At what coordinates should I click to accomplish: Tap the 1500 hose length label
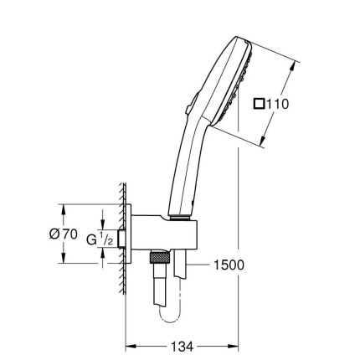click(x=229, y=265)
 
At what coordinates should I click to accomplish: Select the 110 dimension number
click(x=277, y=104)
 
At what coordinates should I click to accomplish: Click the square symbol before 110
click(x=259, y=104)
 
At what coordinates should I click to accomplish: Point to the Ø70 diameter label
click(x=63, y=234)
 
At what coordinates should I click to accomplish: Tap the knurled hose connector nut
click(x=160, y=257)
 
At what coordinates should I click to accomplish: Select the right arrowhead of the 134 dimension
click(x=234, y=347)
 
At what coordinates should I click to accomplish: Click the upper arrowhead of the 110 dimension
click(x=292, y=67)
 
